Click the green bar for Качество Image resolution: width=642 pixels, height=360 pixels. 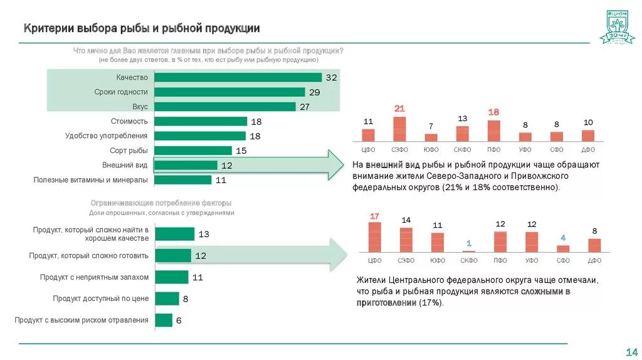[x=238, y=77]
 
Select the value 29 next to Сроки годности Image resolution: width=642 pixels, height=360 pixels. [x=315, y=92]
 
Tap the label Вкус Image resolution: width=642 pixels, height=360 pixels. [x=140, y=107]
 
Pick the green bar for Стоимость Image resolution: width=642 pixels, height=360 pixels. [x=201, y=121]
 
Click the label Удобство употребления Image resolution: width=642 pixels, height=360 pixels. [x=107, y=135]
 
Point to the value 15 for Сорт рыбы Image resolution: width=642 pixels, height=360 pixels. [x=241, y=151]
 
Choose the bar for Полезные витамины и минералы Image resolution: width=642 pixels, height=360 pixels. [x=182, y=180]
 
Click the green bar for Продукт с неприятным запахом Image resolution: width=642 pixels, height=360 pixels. [x=171, y=277]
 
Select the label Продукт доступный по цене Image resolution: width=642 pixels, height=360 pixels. [x=100, y=299]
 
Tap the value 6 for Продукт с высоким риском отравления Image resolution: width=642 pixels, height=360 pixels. [x=179, y=320]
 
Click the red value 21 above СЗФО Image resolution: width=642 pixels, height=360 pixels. [x=399, y=109]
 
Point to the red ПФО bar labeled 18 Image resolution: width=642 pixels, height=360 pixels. [x=493, y=130]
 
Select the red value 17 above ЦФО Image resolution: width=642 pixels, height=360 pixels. [x=374, y=216]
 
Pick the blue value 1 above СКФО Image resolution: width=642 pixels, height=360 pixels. [x=468, y=243]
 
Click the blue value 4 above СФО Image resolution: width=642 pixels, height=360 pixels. [x=563, y=238]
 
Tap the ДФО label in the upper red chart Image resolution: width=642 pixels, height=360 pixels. [x=588, y=150]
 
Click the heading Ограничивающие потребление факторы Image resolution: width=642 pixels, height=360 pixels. [x=161, y=203]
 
